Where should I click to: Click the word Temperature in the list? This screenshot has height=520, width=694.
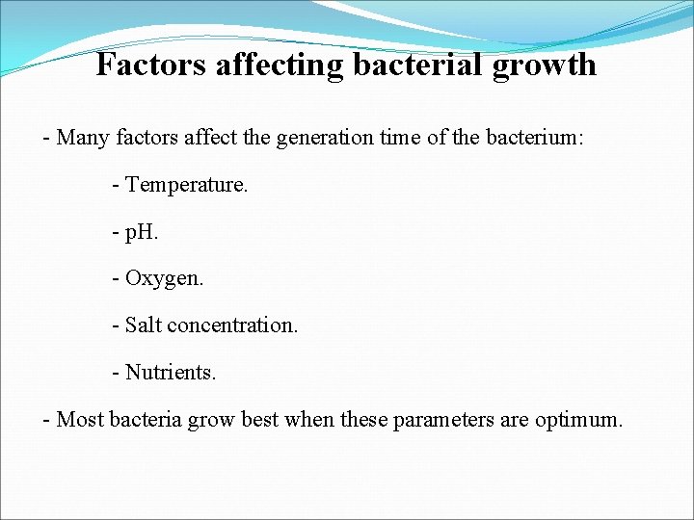[x=186, y=184]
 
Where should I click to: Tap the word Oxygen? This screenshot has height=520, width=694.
[x=164, y=279]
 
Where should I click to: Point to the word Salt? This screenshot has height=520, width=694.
[x=144, y=325]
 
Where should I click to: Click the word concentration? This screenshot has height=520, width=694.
[x=232, y=325]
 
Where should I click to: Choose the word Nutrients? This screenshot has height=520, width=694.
[x=171, y=372]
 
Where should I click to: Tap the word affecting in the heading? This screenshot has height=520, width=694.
[x=280, y=65]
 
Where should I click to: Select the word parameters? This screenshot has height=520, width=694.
[x=441, y=421]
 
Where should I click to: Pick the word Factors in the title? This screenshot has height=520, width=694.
[x=152, y=65]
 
